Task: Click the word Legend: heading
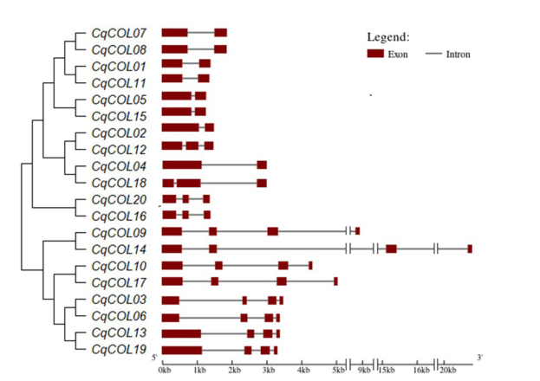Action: point(388,37)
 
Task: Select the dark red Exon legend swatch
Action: point(375,54)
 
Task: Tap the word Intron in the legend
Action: point(459,55)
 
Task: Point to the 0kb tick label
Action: point(165,370)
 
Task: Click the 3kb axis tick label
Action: point(269,370)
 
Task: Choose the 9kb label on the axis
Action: point(365,370)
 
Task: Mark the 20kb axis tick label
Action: point(447,370)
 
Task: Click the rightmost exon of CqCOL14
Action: point(470,249)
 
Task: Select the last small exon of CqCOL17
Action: point(335,281)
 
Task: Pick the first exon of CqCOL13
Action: point(181,333)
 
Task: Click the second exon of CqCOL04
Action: point(262,165)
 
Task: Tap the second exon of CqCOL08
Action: point(220,49)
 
